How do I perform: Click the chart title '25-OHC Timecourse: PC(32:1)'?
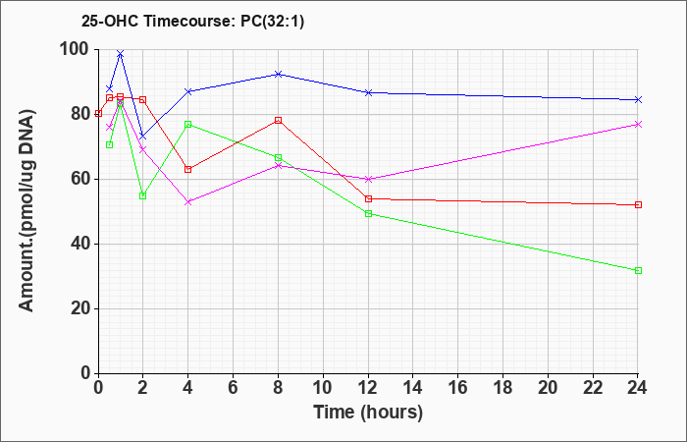(x=192, y=21)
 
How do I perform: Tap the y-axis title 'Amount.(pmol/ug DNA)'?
(x=26, y=211)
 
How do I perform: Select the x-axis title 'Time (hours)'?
(x=368, y=413)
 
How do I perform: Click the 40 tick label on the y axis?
(x=79, y=245)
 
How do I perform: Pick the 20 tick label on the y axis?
(x=79, y=309)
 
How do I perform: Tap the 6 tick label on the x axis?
(x=234, y=388)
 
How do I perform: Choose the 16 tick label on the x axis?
(x=458, y=388)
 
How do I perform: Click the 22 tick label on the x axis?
(x=593, y=388)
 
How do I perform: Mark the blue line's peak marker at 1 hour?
(x=121, y=54)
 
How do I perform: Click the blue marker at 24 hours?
(x=638, y=100)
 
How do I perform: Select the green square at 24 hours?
(x=638, y=270)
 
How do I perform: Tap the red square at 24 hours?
(x=638, y=204)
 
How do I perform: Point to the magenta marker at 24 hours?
(x=638, y=125)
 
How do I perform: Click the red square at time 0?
(x=98, y=114)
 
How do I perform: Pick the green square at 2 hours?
(x=143, y=196)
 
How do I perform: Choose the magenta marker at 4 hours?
(x=188, y=202)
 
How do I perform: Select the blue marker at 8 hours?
(x=278, y=74)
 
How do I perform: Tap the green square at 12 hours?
(x=368, y=213)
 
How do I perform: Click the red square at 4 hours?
(x=188, y=169)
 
